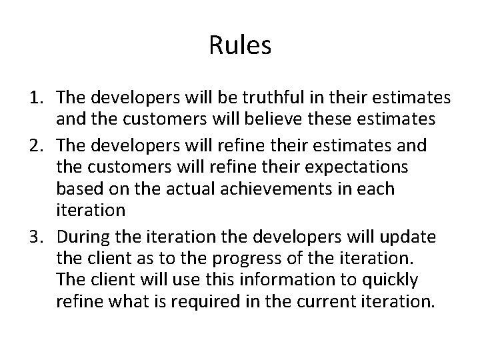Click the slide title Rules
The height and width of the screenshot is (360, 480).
click(x=240, y=46)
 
